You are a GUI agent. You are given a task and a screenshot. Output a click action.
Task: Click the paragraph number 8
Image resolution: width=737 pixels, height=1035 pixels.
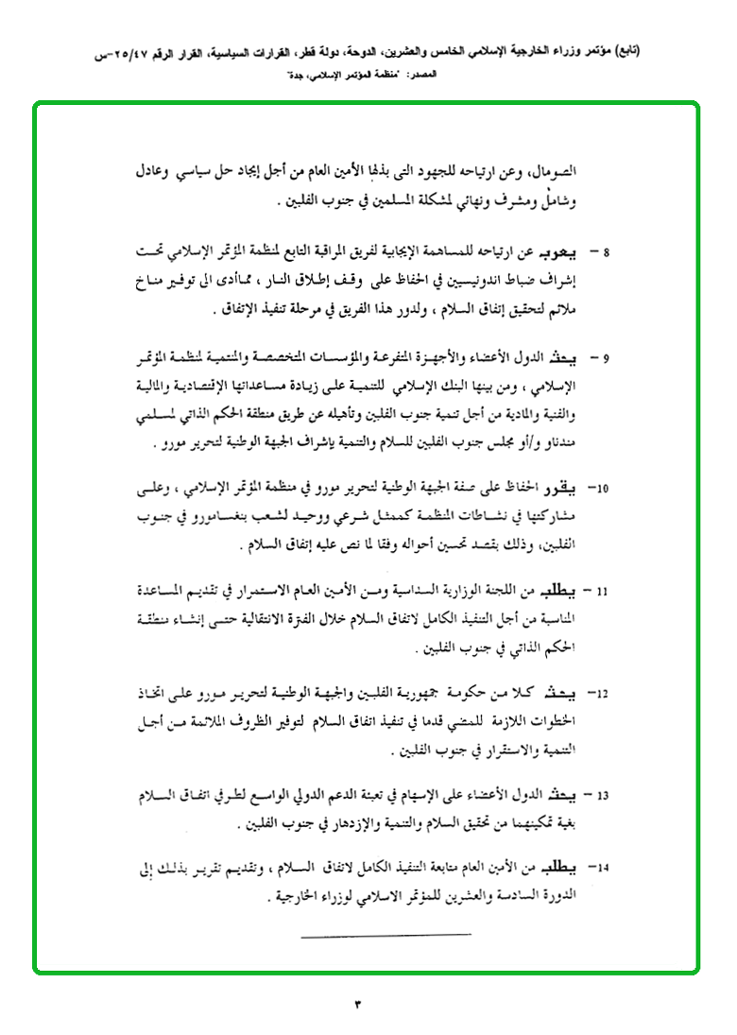(607, 254)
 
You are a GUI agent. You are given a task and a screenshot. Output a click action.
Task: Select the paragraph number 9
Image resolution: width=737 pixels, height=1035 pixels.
(607, 357)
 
